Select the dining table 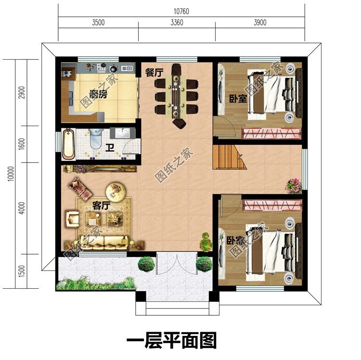click(x=176, y=94)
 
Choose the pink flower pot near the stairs click(x=293, y=184)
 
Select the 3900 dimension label click(x=259, y=23)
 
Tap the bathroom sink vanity click(x=117, y=133)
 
